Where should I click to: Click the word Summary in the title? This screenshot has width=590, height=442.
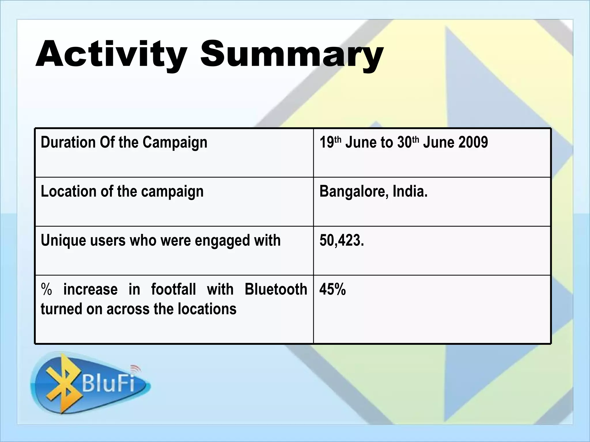292,55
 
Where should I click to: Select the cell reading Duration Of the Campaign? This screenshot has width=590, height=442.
124,142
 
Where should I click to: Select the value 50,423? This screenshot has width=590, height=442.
342,240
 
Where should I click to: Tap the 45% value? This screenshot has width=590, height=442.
332,289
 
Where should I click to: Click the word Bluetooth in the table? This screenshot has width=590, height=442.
276,289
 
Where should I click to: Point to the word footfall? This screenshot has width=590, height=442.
173,289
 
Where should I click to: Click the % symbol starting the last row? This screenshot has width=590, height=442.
46,289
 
